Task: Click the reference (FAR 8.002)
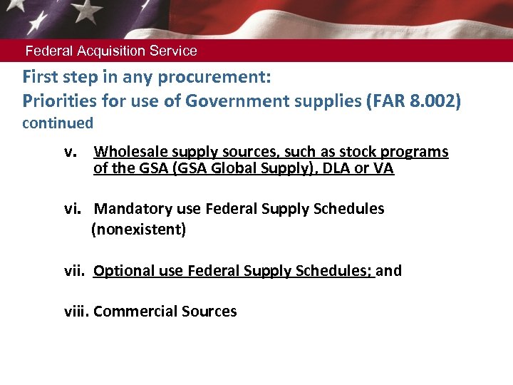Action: pos(413,101)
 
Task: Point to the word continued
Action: pos(58,123)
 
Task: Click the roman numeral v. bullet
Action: pos(70,152)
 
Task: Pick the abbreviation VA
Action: pos(384,169)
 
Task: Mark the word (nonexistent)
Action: pos(138,230)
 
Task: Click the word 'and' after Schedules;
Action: pos(388,271)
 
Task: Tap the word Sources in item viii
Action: pos(207,312)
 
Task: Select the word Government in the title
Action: pos(230,101)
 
